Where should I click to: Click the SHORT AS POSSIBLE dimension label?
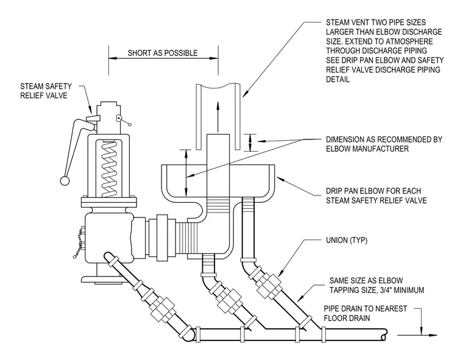[163, 53]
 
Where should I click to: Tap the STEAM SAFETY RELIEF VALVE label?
[46, 91]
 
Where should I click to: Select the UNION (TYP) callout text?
[347, 240]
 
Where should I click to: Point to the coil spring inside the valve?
[110, 169]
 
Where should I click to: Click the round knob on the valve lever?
[65, 181]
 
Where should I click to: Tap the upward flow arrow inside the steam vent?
[218, 116]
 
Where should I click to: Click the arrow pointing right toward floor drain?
[417, 335]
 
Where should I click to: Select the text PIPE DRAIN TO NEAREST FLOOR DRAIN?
[366, 313]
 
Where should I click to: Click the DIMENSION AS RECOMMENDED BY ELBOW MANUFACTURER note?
[384, 144]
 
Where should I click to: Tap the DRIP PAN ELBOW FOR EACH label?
[373, 191]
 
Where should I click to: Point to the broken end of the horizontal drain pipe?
[384, 335]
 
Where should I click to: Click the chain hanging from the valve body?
[78, 243]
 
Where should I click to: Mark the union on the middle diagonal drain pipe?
[230, 301]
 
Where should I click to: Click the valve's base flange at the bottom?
[102, 280]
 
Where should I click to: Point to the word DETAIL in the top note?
[338, 79]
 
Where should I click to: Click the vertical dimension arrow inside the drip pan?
[186, 174]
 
